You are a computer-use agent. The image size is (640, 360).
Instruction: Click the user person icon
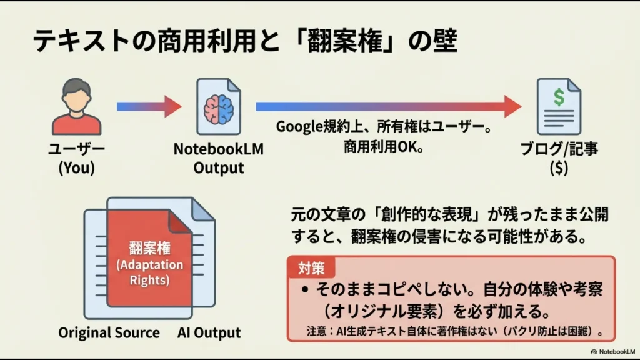point(76,106)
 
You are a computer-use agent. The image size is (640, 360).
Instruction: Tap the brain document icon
point(218,106)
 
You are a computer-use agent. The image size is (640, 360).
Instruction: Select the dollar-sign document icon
point(557,106)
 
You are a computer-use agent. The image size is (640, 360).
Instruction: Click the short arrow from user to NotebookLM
point(149,106)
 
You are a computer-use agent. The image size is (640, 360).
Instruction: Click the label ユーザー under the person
point(77,150)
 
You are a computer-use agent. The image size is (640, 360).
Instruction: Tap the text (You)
point(76,168)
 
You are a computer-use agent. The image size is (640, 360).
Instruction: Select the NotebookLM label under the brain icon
point(218,150)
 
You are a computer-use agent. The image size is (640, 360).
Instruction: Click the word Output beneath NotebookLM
point(218,168)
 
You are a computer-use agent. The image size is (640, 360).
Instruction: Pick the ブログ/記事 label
point(558,150)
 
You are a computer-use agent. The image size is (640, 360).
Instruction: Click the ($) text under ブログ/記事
point(558,168)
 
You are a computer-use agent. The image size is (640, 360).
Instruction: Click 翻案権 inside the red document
point(149,246)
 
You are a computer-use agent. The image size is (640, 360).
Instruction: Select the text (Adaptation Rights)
point(149,272)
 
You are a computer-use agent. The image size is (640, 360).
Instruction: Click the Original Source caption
point(109,332)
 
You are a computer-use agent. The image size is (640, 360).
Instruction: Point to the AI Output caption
point(209,332)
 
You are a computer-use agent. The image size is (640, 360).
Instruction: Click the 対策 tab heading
point(311,268)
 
